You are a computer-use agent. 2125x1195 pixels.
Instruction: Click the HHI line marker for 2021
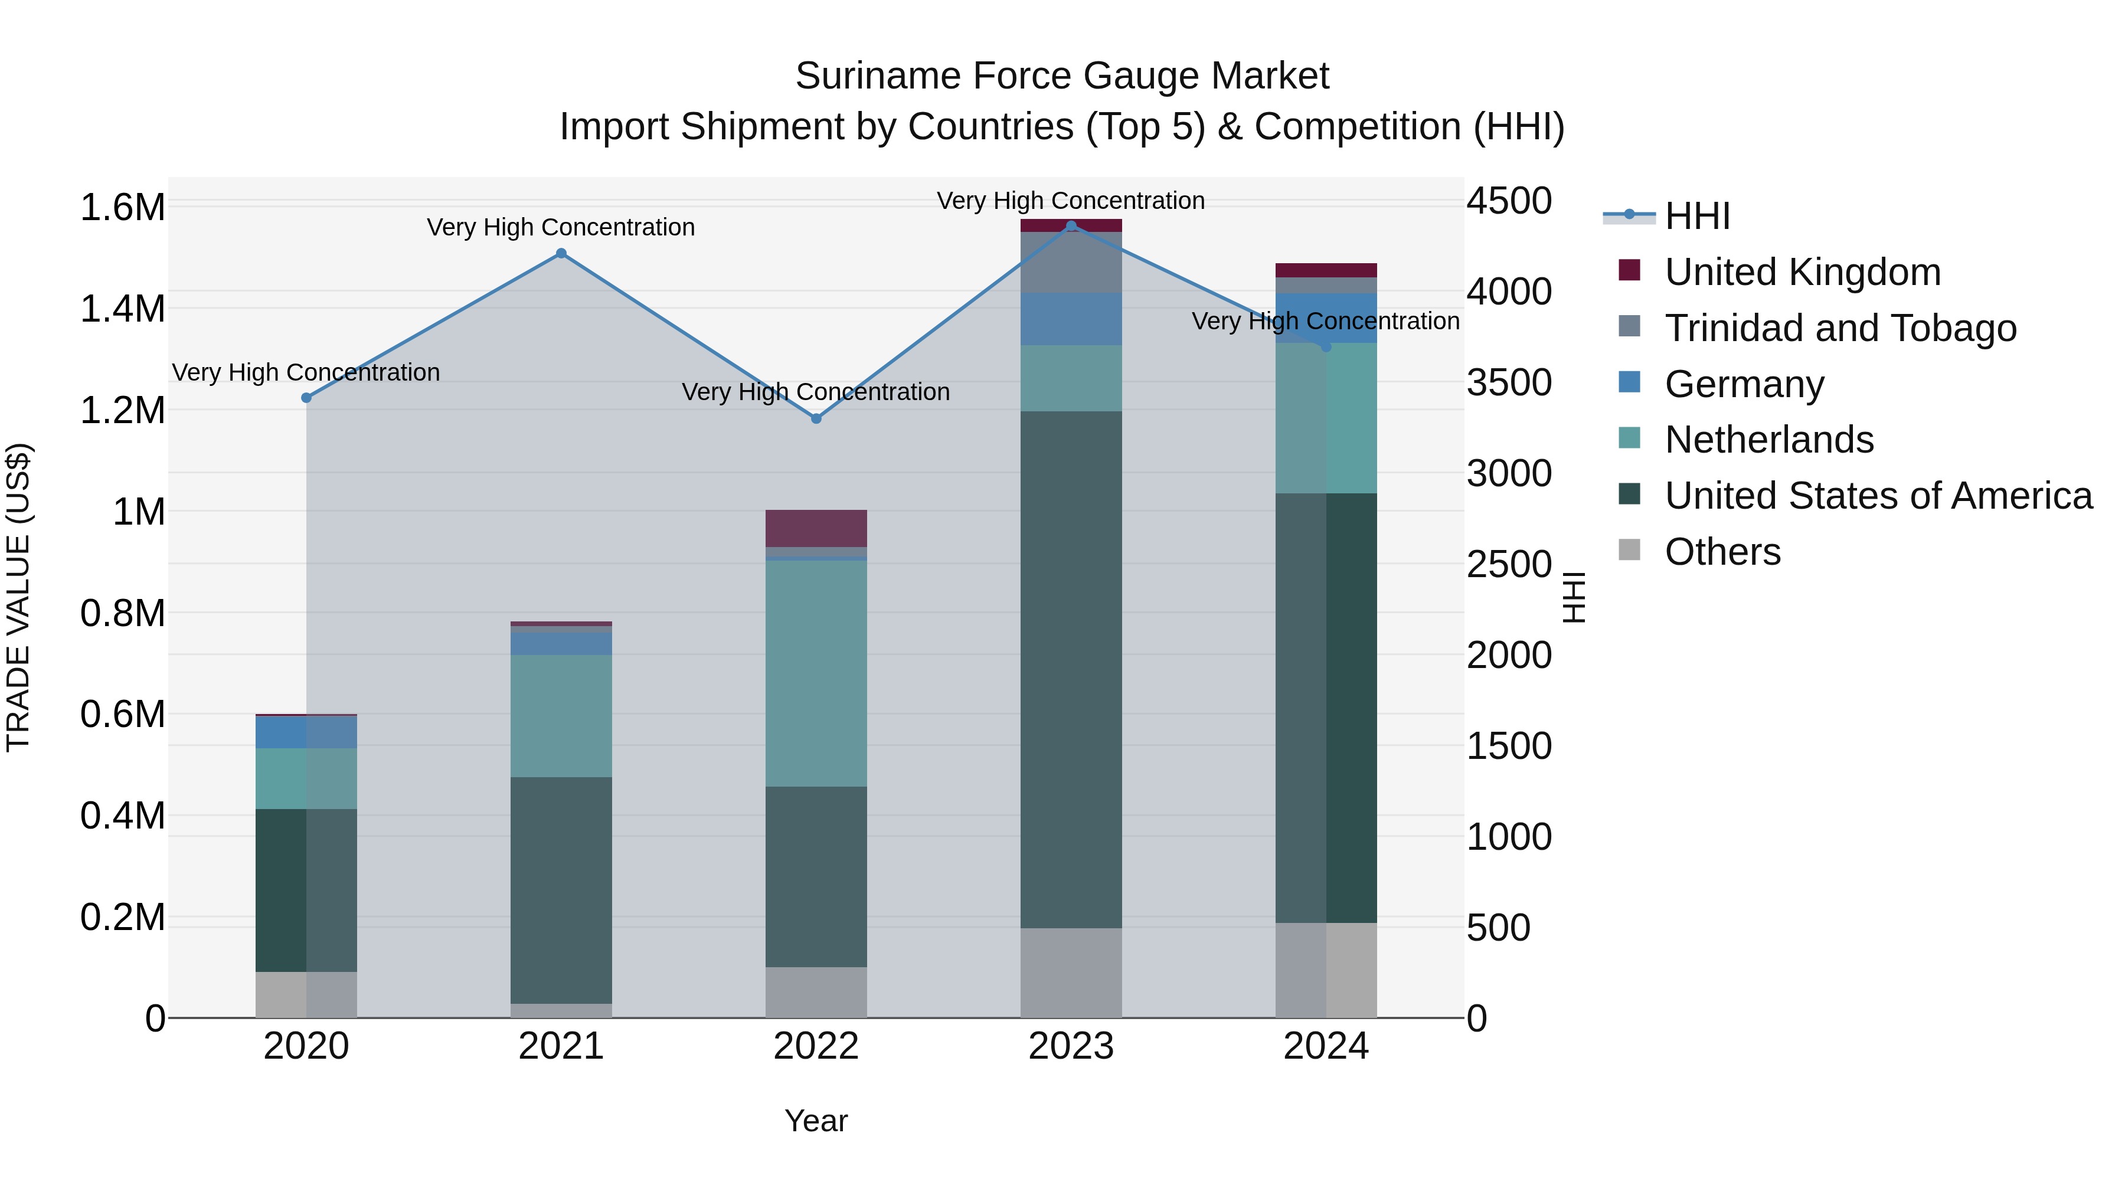[561, 253]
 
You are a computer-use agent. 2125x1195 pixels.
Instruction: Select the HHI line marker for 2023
[1071, 226]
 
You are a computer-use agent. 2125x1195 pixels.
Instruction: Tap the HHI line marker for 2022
[816, 418]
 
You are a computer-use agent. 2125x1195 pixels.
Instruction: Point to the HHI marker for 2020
[306, 398]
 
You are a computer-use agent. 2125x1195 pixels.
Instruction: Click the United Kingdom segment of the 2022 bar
[816, 528]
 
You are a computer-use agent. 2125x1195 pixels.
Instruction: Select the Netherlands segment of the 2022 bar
[816, 673]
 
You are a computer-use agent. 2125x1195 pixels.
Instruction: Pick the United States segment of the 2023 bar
[1071, 669]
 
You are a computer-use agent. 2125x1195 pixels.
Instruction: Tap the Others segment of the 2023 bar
[1071, 973]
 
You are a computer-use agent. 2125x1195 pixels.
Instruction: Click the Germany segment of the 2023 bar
[1071, 318]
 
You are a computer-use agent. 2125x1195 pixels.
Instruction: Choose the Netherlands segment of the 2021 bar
[561, 716]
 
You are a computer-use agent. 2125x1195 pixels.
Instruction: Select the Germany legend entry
[1744, 384]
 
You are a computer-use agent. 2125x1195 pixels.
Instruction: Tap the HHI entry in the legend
[1697, 216]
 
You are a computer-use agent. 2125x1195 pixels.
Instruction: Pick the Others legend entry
[1722, 552]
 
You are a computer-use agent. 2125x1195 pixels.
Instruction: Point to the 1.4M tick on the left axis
[122, 309]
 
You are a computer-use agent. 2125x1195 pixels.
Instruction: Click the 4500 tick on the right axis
[1509, 201]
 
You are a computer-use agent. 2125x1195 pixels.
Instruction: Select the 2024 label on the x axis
[1326, 1046]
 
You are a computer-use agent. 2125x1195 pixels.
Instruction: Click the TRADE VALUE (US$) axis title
[18, 597]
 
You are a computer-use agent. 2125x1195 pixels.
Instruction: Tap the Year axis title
[816, 1121]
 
